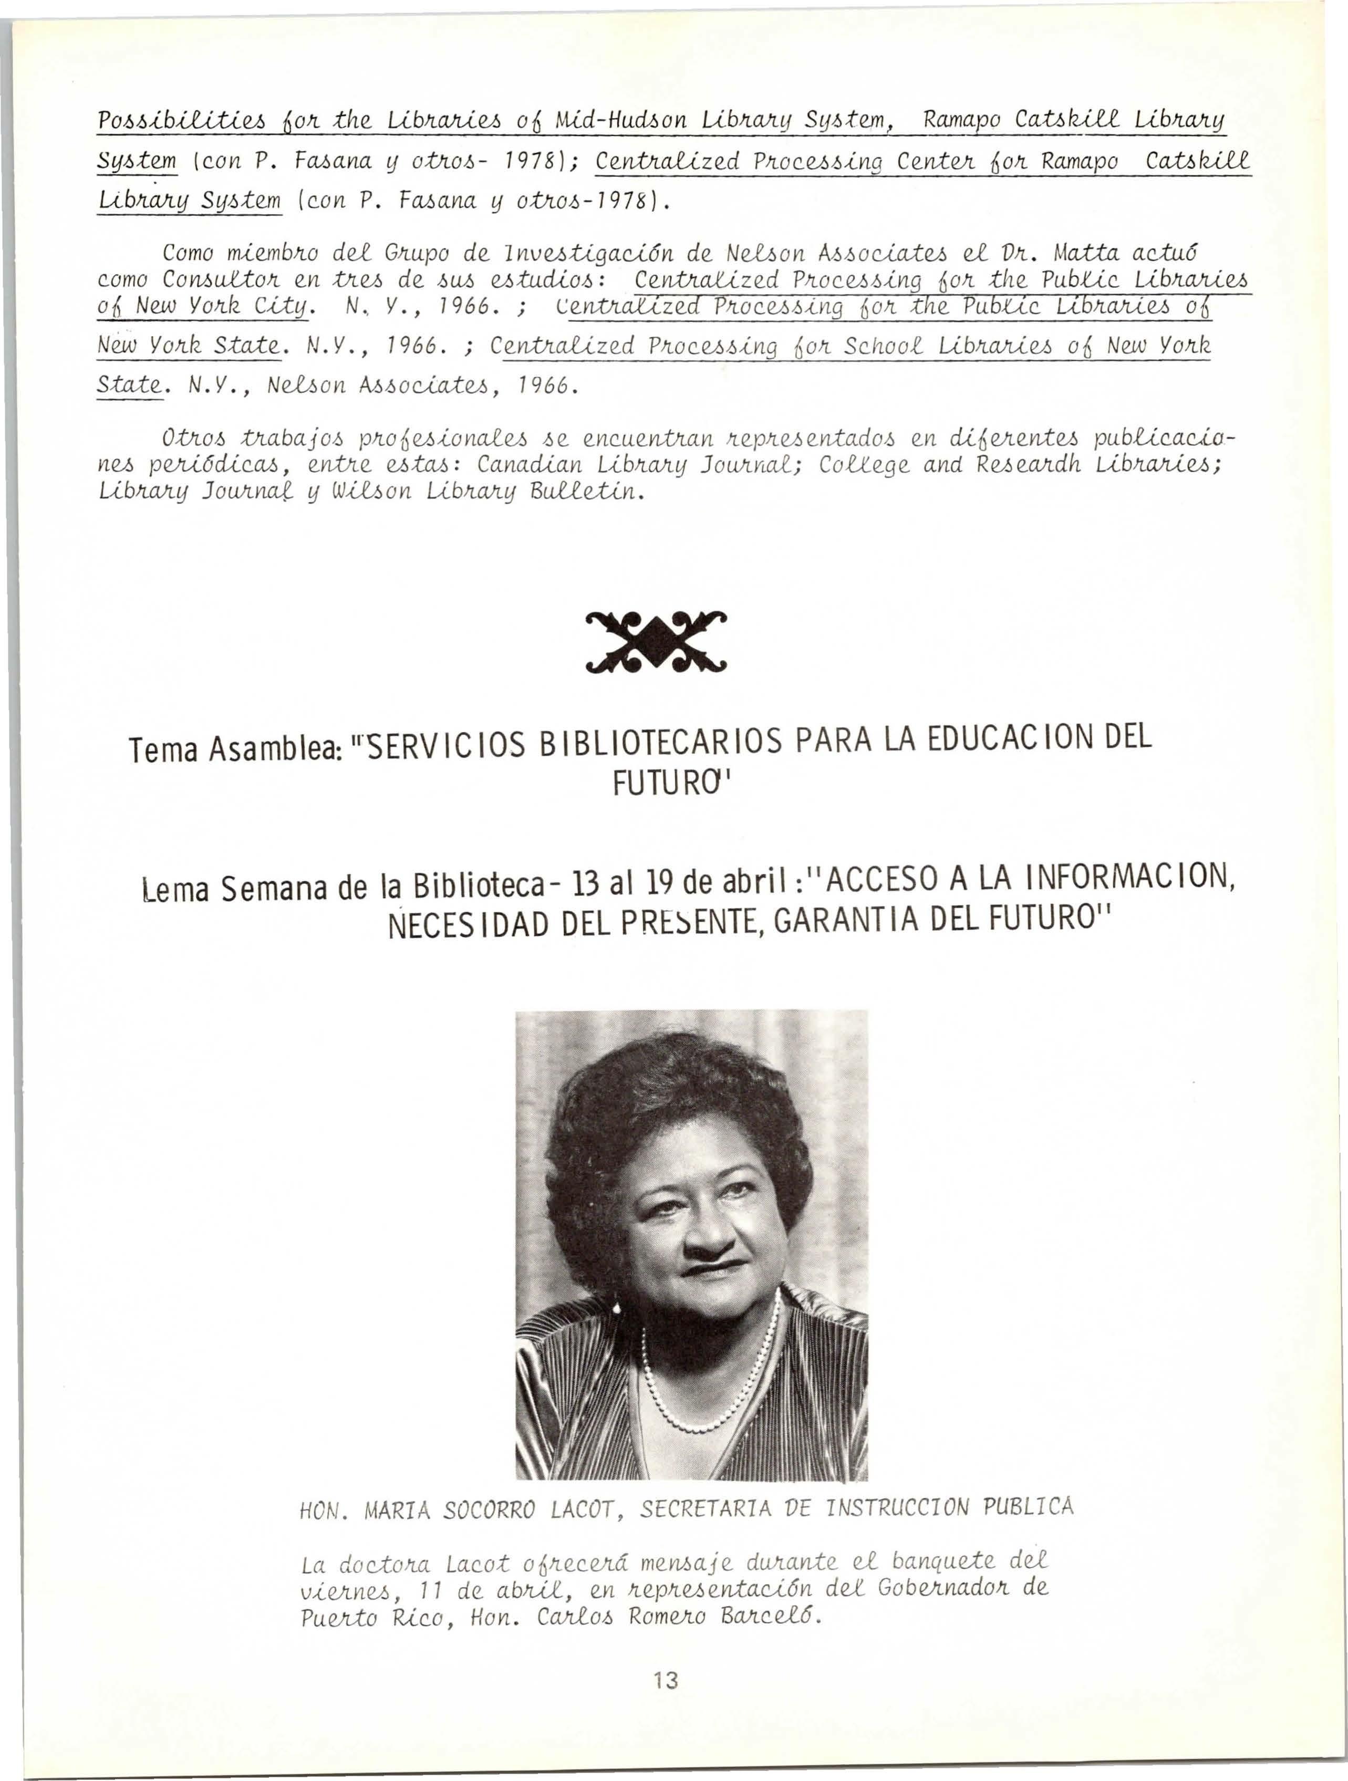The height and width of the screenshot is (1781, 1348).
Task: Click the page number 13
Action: click(x=666, y=1680)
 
